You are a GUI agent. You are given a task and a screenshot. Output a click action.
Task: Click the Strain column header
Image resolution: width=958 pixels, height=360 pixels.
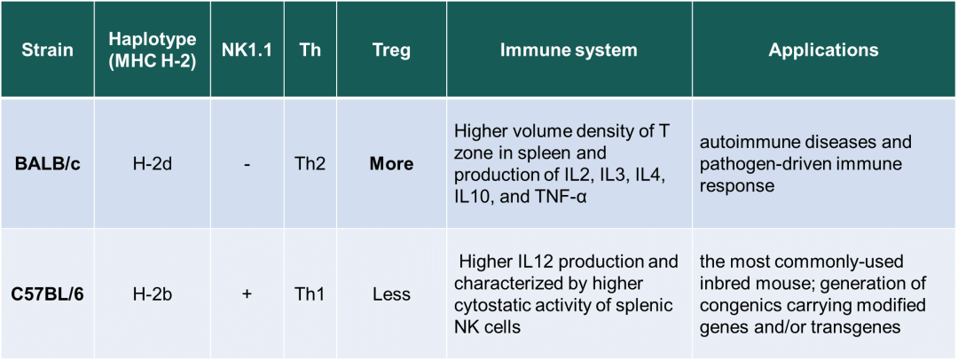tap(47, 50)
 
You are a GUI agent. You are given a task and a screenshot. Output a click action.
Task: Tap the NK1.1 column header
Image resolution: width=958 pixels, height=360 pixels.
tap(247, 50)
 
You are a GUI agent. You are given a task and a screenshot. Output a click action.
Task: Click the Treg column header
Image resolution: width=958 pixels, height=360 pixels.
tap(391, 50)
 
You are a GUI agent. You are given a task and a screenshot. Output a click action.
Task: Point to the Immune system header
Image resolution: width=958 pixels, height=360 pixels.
tap(569, 50)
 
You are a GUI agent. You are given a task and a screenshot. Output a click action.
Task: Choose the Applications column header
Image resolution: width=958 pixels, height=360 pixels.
tap(823, 50)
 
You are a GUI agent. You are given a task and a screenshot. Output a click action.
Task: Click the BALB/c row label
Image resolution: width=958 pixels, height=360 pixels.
tap(47, 164)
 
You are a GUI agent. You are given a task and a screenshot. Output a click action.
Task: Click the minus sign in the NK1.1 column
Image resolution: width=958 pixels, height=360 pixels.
tap(247, 164)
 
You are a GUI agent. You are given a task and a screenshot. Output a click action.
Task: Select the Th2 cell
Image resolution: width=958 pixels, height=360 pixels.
tap(310, 164)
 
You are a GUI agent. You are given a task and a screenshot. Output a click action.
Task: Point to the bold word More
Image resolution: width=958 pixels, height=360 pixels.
tap(391, 164)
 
